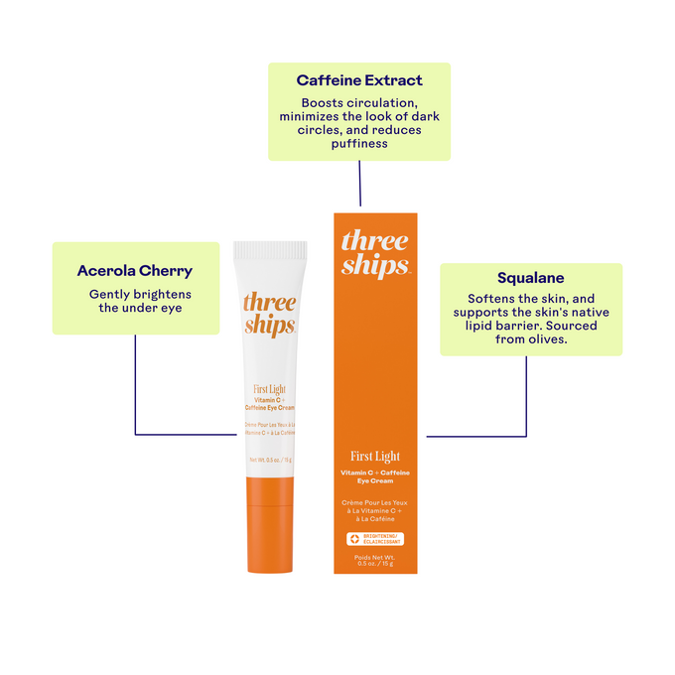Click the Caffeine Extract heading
[359, 79]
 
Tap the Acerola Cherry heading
[135, 270]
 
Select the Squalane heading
[530, 279]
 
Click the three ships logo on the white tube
[269, 314]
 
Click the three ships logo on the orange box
[374, 252]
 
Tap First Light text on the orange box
[375, 457]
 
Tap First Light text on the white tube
[269, 390]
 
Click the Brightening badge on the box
[374, 539]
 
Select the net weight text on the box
[374, 562]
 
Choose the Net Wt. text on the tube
[269, 460]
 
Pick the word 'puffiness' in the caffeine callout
[358, 143]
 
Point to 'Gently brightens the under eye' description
[140, 301]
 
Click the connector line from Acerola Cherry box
[135, 387]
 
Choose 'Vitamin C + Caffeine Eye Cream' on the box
[375, 476]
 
